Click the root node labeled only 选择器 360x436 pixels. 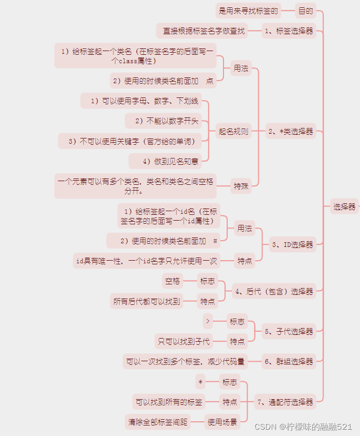coord(344,206)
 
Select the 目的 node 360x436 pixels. coord(305,10)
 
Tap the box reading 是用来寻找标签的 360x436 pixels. coord(247,10)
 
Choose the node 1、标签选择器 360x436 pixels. coord(288,31)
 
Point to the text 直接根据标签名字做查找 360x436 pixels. coord(203,31)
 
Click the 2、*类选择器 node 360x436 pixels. coord(290,131)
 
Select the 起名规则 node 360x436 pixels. coord(233,131)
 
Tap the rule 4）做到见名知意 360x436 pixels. coord(170,161)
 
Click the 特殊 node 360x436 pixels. coord(241,185)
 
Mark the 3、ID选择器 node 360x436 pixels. coord(292,244)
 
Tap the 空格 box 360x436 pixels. coord(172,281)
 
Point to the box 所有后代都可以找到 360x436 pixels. coord(147,301)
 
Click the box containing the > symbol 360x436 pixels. coord(208,321)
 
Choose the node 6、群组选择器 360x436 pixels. coord(289,361)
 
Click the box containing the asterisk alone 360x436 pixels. coord(200,382)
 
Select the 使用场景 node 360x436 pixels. coord(222,421)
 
